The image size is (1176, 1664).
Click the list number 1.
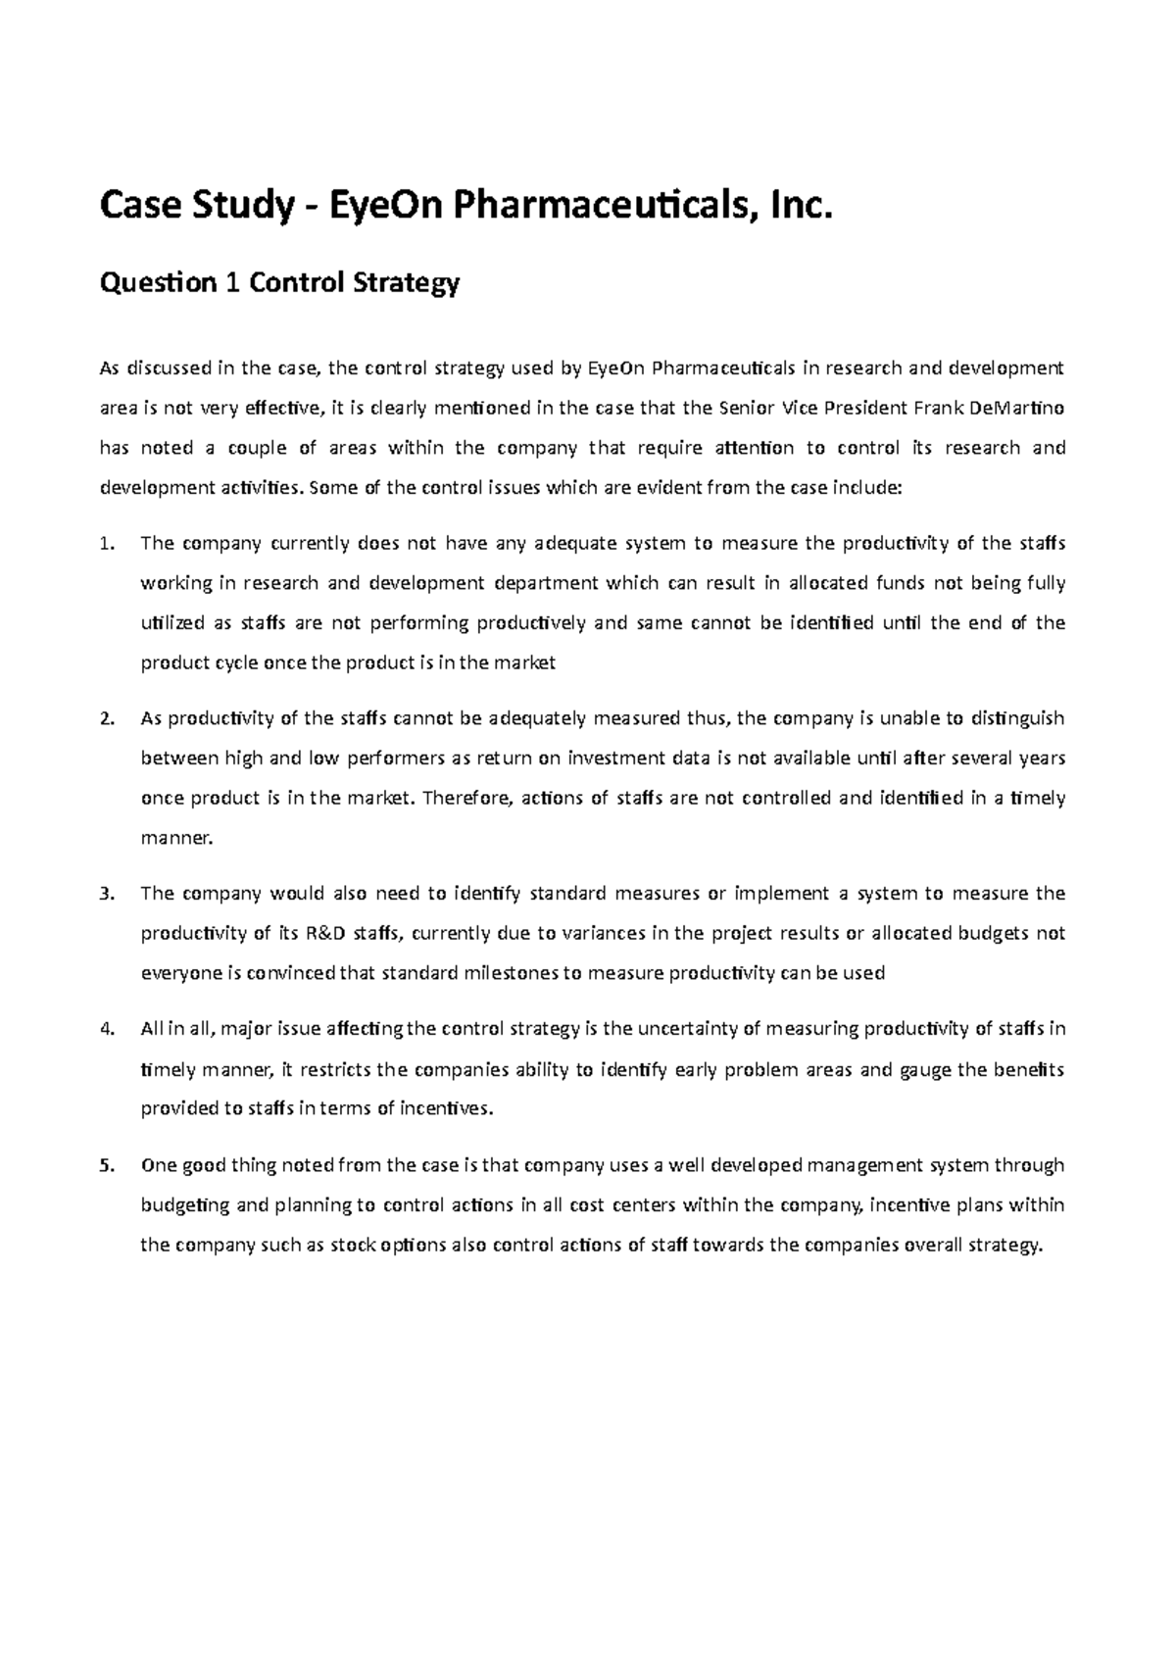click(x=108, y=544)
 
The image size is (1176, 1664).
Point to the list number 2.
click(x=108, y=718)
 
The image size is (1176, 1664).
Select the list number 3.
click(x=108, y=894)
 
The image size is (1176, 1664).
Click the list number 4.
click(x=108, y=1029)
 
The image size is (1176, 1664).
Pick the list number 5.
click(x=108, y=1165)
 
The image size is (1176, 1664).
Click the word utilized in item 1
click(x=172, y=623)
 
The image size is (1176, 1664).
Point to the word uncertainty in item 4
click(x=685, y=1029)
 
